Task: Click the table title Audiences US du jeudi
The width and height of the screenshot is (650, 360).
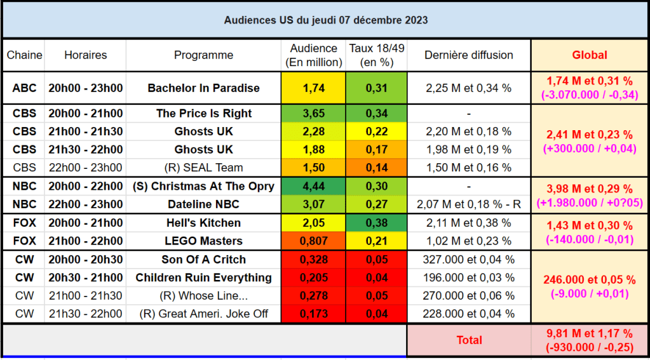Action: pyautogui.click(x=325, y=20)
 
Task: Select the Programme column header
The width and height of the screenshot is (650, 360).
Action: pyautogui.click(x=203, y=55)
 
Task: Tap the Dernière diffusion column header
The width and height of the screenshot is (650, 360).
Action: pyautogui.click(x=468, y=55)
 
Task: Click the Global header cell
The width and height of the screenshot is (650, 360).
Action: pyautogui.click(x=589, y=55)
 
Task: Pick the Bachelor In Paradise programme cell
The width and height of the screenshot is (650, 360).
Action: pyautogui.click(x=203, y=88)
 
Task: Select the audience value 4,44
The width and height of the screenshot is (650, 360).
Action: pyautogui.click(x=314, y=186)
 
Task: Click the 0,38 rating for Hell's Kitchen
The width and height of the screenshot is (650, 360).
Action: pyautogui.click(x=376, y=223)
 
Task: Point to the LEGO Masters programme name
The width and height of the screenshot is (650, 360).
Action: pyautogui.click(x=203, y=241)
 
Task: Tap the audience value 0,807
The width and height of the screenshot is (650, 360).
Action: pyautogui.click(x=314, y=241)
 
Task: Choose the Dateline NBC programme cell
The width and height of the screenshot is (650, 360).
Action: pyautogui.click(x=203, y=204)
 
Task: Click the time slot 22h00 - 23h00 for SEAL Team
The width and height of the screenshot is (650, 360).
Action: pyautogui.click(x=85, y=168)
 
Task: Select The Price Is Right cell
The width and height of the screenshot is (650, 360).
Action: pyautogui.click(x=203, y=114)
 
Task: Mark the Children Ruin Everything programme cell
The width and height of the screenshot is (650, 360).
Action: pyautogui.click(x=203, y=277)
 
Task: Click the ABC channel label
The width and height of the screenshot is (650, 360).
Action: pyautogui.click(x=24, y=88)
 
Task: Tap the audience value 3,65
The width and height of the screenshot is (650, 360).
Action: pyautogui.click(x=314, y=114)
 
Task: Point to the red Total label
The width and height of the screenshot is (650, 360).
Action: pyautogui.click(x=469, y=340)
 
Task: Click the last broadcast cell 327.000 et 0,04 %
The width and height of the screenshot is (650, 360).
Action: pyautogui.click(x=468, y=260)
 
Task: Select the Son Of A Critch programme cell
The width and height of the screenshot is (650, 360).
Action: pyautogui.click(x=203, y=260)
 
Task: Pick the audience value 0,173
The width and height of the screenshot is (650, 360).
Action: pyautogui.click(x=314, y=314)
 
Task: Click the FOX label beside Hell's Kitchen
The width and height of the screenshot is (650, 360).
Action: pyautogui.click(x=24, y=223)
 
